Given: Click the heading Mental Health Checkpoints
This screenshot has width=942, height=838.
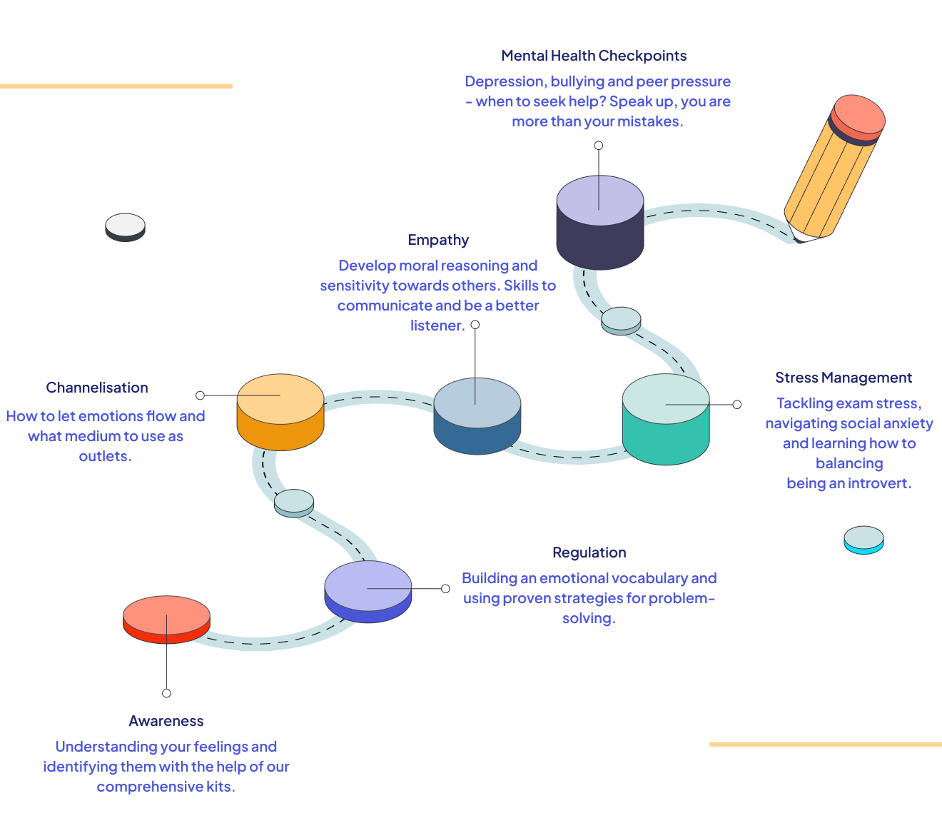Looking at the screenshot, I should pyautogui.click(x=594, y=56).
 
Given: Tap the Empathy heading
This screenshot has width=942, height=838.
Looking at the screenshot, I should pyautogui.click(x=438, y=240).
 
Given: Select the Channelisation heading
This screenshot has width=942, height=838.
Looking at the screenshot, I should pyautogui.click(x=97, y=388).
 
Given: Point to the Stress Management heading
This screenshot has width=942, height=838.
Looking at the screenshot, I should pyautogui.click(x=844, y=378).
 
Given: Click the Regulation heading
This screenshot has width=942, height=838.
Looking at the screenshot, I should pyautogui.click(x=589, y=552).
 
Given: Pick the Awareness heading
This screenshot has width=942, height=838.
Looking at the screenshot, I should pyautogui.click(x=166, y=721).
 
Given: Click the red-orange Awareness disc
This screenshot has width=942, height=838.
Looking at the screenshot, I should pyautogui.click(x=166, y=618).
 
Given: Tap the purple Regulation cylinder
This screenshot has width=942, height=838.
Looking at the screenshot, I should pyautogui.click(x=368, y=591).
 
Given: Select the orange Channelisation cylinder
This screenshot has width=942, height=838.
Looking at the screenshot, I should pyautogui.click(x=280, y=412).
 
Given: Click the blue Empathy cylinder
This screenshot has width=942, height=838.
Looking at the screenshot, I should pyautogui.click(x=477, y=416).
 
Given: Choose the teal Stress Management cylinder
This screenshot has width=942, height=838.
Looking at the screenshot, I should pyautogui.click(x=666, y=420).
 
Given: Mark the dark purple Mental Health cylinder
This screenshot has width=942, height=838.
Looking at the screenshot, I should pyautogui.click(x=599, y=223).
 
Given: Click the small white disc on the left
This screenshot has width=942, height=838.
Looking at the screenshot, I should pyautogui.click(x=125, y=226).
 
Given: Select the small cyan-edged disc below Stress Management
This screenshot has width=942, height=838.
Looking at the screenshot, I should pyautogui.click(x=863, y=540).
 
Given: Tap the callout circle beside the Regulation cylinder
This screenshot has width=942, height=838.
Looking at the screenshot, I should pyautogui.click(x=445, y=589).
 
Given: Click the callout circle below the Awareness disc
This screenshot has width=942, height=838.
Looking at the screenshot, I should pyautogui.click(x=166, y=693).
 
